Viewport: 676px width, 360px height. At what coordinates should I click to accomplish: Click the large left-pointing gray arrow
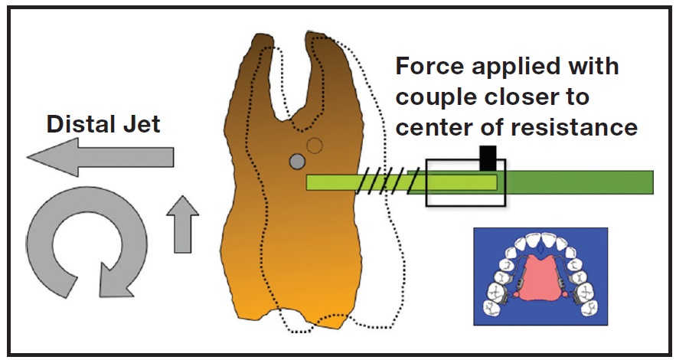coord(100,159)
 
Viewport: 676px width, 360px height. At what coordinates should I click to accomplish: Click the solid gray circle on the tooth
coord(297,162)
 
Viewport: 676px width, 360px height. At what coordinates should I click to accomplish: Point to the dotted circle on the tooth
coord(314,145)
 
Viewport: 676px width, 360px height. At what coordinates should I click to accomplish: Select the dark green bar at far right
coord(582,182)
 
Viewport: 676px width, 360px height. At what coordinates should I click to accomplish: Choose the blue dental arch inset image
coord(539,274)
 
